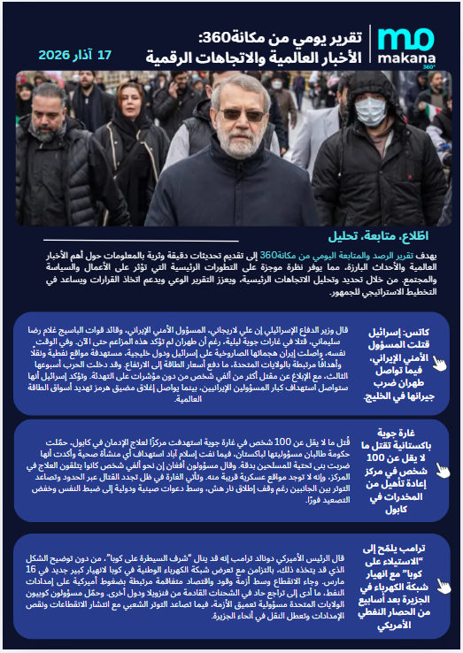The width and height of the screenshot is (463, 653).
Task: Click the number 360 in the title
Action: click(x=218, y=37)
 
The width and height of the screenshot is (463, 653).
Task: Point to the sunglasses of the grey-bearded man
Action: click(x=240, y=114)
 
